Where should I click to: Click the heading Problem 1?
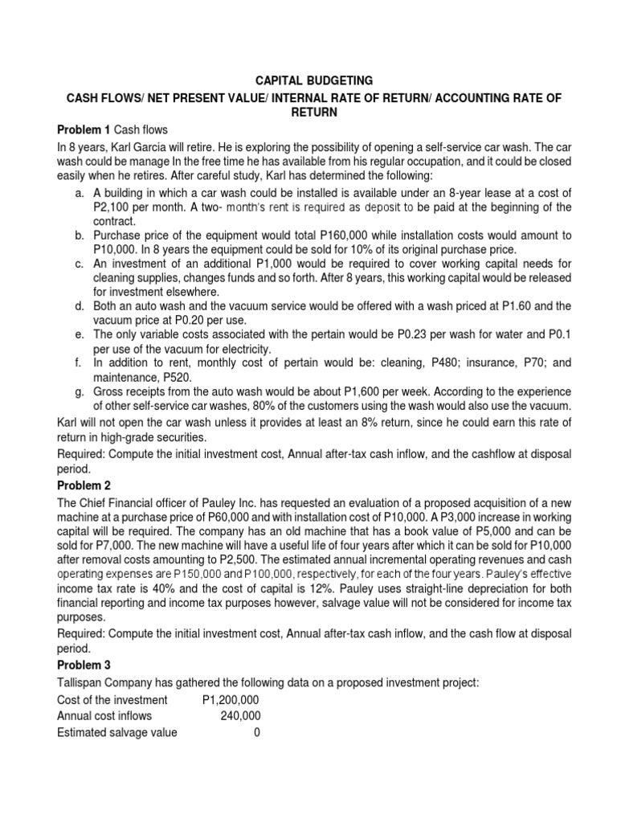(x=84, y=130)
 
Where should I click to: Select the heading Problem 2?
(x=84, y=486)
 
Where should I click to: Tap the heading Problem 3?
(x=84, y=665)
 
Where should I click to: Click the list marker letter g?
(x=78, y=391)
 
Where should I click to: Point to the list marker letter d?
(x=78, y=306)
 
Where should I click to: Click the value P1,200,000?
(x=232, y=700)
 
